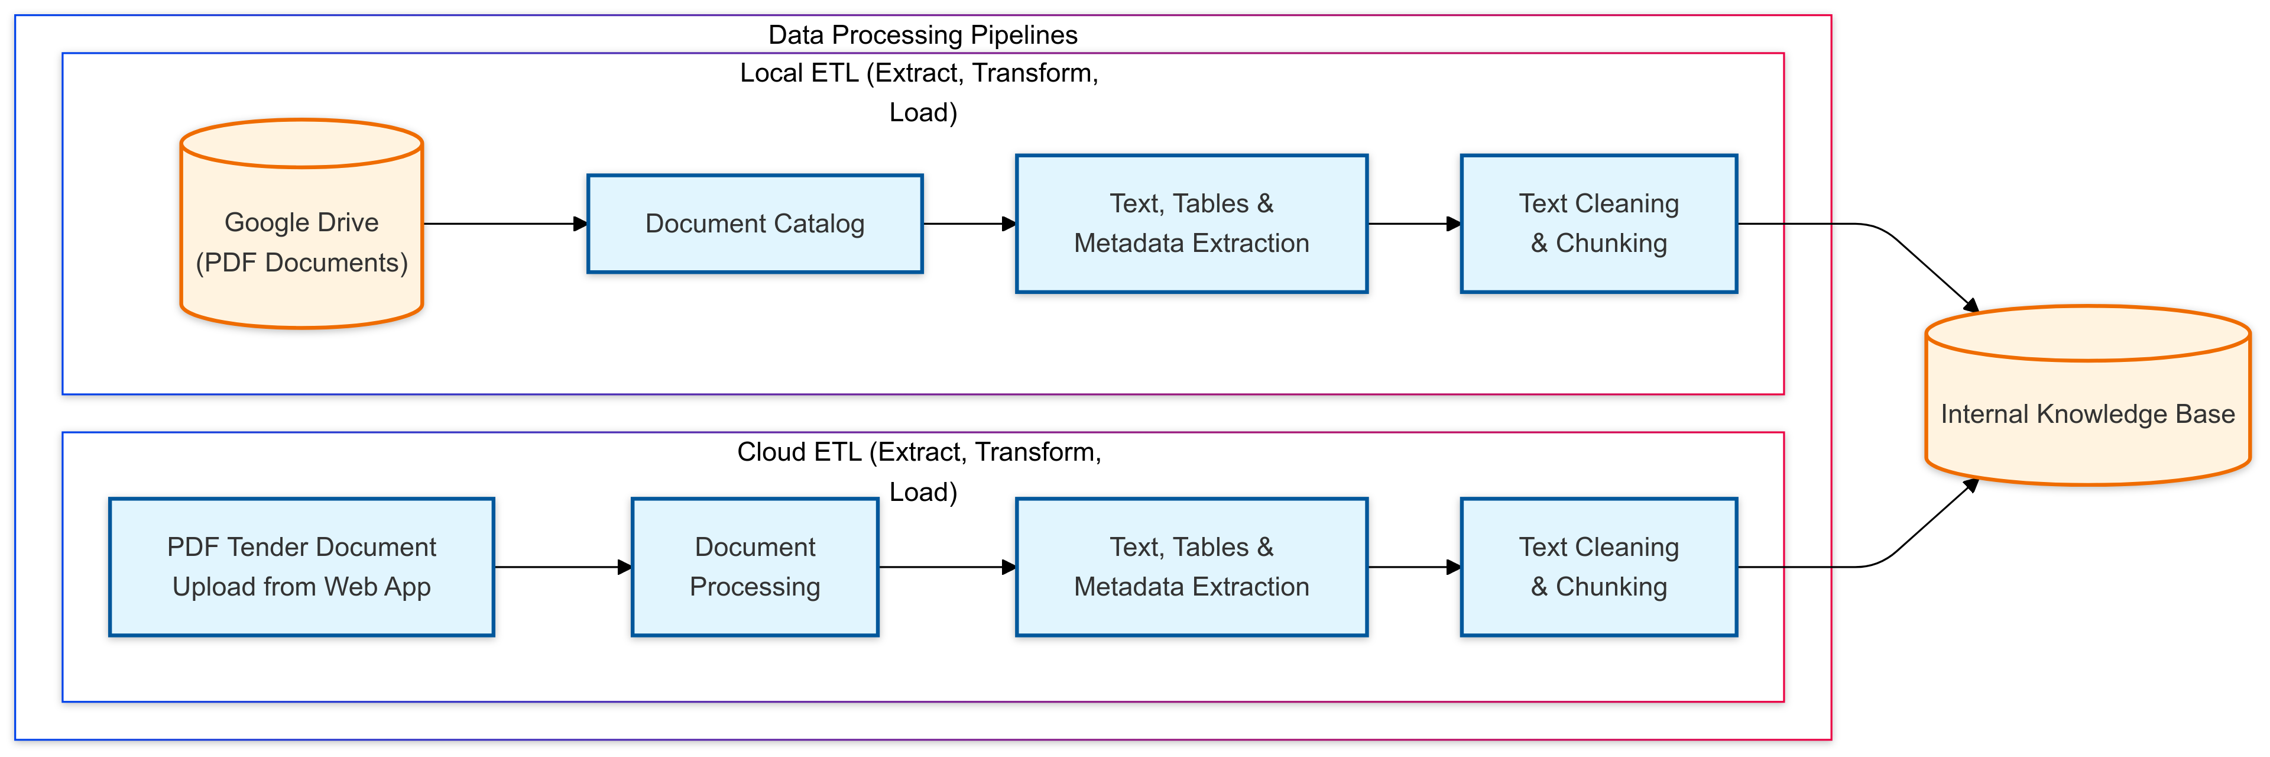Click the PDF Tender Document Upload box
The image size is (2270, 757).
coord(301,567)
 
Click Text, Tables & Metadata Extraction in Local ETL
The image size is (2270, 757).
coord(1191,224)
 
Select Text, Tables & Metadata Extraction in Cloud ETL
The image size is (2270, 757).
coord(1191,567)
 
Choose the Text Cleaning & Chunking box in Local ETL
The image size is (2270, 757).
coord(1598,224)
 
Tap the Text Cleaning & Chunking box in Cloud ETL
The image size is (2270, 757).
coord(1598,567)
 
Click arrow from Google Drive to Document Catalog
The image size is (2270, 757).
coord(504,224)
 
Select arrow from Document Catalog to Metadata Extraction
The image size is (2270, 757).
coord(968,224)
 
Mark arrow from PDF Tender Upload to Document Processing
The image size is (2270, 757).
coord(562,567)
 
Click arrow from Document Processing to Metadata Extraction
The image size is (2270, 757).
coord(946,567)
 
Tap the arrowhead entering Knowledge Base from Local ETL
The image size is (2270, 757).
coord(1971,305)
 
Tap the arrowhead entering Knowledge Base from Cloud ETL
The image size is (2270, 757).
coord(1971,485)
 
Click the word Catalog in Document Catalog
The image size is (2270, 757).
coord(816,224)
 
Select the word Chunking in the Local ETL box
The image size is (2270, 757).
coord(1611,243)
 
